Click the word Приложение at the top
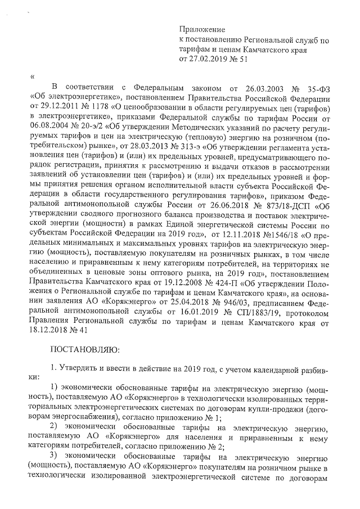(201, 29)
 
